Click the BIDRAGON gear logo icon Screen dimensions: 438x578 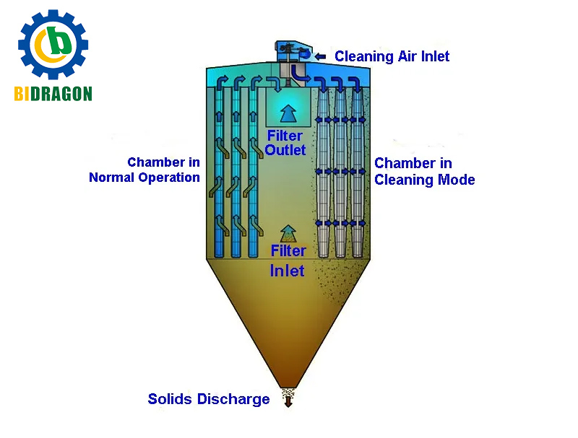(x=53, y=45)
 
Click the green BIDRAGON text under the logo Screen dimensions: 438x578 (x=53, y=93)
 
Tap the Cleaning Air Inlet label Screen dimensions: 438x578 (x=392, y=56)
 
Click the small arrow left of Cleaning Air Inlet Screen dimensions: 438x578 (x=321, y=56)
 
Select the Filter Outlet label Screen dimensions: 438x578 (x=285, y=143)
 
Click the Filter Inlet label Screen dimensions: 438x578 (x=288, y=260)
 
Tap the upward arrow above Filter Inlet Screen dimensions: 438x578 (x=288, y=232)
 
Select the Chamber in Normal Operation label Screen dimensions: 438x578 (x=144, y=170)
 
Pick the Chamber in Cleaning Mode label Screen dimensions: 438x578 (x=424, y=172)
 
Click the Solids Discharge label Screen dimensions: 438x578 (x=209, y=399)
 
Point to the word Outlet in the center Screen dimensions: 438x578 (x=285, y=150)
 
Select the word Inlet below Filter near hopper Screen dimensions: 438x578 (x=288, y=271)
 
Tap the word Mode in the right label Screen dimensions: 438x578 (x=457, y=180)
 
